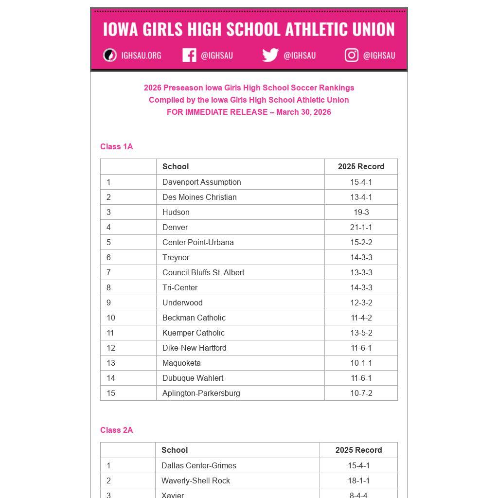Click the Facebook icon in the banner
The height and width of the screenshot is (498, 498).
189,55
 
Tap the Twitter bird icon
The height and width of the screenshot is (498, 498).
270,55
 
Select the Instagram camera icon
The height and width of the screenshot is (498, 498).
352,55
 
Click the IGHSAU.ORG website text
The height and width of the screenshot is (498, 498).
141,55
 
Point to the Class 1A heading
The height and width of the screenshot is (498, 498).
117,146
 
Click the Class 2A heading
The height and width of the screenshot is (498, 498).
117,430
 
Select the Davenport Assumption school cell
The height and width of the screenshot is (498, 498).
202,182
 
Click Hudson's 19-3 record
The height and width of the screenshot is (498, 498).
361,212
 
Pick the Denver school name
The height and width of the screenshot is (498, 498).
175,227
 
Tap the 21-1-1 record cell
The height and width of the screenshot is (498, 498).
361,227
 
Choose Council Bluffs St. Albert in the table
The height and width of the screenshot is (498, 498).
203,272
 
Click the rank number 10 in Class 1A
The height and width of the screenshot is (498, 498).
111,318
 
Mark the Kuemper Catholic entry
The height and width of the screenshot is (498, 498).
194,333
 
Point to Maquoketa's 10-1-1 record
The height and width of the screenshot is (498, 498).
361,363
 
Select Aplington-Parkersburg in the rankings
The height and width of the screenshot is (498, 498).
201,393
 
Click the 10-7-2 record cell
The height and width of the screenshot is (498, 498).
361,393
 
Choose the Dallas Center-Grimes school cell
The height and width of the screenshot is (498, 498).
199,465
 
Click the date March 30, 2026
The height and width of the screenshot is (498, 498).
303,112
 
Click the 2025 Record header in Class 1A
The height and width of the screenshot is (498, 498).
361,166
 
